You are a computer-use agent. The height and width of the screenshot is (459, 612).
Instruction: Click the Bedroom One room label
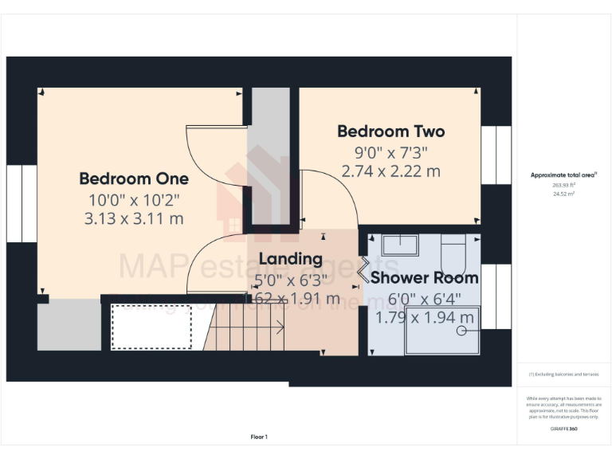(x=134, y=178)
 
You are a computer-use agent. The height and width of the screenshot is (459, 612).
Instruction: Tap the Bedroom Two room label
(x=390, y=131)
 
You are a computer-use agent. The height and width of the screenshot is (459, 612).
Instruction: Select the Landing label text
(x=290, y=259)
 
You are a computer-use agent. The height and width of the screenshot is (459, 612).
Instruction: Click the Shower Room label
(x=424, y=278)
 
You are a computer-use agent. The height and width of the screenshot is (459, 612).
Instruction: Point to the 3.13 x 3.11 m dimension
(x=134, y=218)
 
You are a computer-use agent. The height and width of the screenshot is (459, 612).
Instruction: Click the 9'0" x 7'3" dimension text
(x=390, y=152)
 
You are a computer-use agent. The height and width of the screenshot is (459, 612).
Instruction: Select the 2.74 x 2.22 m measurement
(x=390, y=171)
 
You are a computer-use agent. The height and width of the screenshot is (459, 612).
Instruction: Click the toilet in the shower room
(x=453, y=251)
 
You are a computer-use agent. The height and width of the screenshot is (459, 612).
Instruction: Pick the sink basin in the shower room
(x=401, y=245)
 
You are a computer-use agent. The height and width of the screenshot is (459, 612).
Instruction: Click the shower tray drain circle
(x=461, y=335)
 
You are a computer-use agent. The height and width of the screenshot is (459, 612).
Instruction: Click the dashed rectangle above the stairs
(x=151, y=326)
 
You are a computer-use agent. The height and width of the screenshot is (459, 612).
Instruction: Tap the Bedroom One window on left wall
(x=22, y=203)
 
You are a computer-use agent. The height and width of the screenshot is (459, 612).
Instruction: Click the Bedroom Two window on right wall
(x=496, y=155)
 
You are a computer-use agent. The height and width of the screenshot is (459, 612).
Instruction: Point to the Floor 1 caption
(x=259, y=437)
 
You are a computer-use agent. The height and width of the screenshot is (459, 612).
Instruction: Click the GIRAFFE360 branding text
(x=563, y=429)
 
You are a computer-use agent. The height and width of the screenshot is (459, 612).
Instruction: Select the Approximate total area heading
(x=563, y=175)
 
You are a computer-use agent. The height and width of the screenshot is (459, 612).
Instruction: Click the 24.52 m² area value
(x=563, y=192)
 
